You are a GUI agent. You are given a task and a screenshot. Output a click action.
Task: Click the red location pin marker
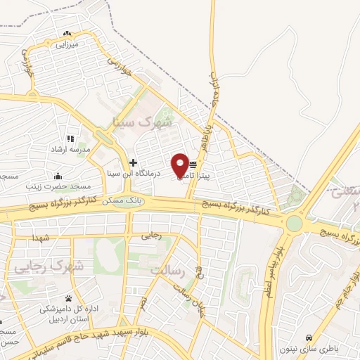pos(180,165)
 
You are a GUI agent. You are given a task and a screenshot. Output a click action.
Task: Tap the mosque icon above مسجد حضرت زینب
pos(57,176)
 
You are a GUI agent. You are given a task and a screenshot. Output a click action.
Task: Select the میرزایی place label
pos(67,44)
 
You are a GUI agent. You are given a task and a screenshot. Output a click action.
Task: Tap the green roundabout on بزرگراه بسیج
pos(293,224)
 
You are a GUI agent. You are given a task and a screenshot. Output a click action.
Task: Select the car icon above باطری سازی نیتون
pos(309,337)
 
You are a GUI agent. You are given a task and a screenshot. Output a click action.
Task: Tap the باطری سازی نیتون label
pos(309,349)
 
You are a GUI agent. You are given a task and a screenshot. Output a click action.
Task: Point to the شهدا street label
pos(41,239)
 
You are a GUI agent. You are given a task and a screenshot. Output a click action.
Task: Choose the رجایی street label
pos(152,236)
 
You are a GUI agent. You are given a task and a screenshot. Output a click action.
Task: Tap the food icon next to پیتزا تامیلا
pos(193,164)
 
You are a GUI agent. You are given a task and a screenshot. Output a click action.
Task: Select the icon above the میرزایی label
pos(67,33)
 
